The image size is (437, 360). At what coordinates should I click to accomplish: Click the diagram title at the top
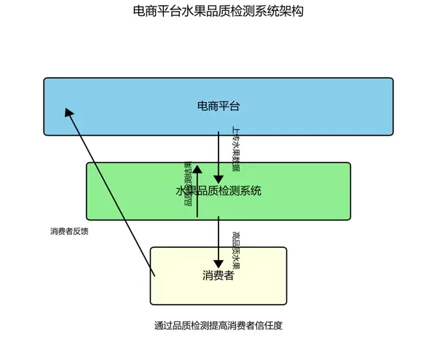click(219, 11)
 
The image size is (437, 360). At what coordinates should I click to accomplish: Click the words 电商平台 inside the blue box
click(219, 106)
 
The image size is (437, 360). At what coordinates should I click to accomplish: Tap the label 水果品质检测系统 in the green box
click(219, 191)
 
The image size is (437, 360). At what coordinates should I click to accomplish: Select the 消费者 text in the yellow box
click(219, 275)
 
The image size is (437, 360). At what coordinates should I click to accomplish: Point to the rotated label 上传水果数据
click(235, 149)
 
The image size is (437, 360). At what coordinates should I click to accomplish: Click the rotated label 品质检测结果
click(188, 183)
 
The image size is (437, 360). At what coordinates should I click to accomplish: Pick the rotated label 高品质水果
click(235, 249)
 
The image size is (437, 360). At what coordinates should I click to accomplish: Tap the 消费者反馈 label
click(69, 231)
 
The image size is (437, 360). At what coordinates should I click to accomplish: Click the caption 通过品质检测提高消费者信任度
click(219, 326)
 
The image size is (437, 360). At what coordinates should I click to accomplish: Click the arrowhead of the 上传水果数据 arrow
click(219, 179)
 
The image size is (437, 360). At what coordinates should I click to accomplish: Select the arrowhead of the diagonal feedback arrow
click(68, 112)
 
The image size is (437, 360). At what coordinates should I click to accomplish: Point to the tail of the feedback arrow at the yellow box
click(154, 274)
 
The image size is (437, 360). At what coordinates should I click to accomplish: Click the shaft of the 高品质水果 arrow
click(219, 237)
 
